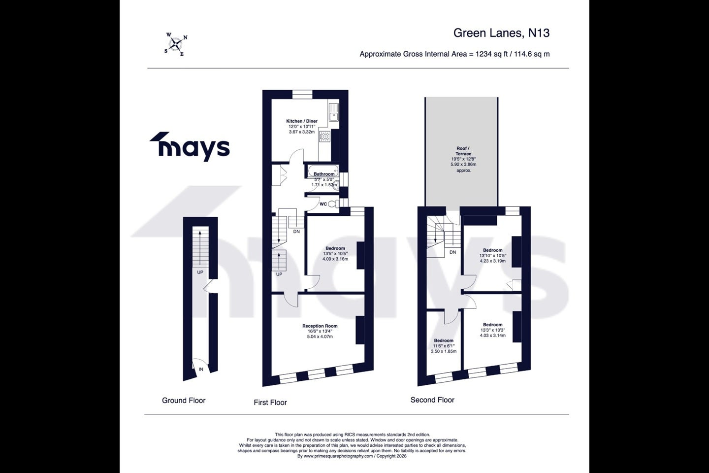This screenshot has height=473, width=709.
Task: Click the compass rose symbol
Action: coord(176,44)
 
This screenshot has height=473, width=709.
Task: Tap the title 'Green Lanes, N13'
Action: coord(501,33)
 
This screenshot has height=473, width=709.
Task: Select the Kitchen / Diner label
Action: coord(302,121)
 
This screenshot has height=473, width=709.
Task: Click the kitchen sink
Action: coord(334,112)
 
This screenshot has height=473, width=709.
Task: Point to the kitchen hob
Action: coord(325,136)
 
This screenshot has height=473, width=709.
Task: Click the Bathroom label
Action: coord(324,174)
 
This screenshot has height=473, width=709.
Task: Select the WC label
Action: coord(323,204)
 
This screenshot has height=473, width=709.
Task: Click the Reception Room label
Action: coord(320,326)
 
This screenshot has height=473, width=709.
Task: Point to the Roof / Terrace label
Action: coord(463,151)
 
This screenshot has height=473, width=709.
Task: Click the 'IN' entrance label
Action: coord(201,369)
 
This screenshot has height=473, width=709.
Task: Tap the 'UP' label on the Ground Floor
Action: coord(200,272)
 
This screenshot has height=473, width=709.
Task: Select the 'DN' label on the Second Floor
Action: coord(452,252)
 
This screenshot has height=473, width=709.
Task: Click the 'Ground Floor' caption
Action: coord(184,401)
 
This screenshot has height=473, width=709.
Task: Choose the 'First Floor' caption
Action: coord(270,403)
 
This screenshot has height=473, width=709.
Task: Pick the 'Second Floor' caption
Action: coord(432,400)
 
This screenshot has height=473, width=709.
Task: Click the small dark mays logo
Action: coord(189,146)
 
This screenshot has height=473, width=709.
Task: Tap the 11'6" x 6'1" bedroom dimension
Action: coord(444,346)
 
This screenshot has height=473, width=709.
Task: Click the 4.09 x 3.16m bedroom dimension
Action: coord(335,259)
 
